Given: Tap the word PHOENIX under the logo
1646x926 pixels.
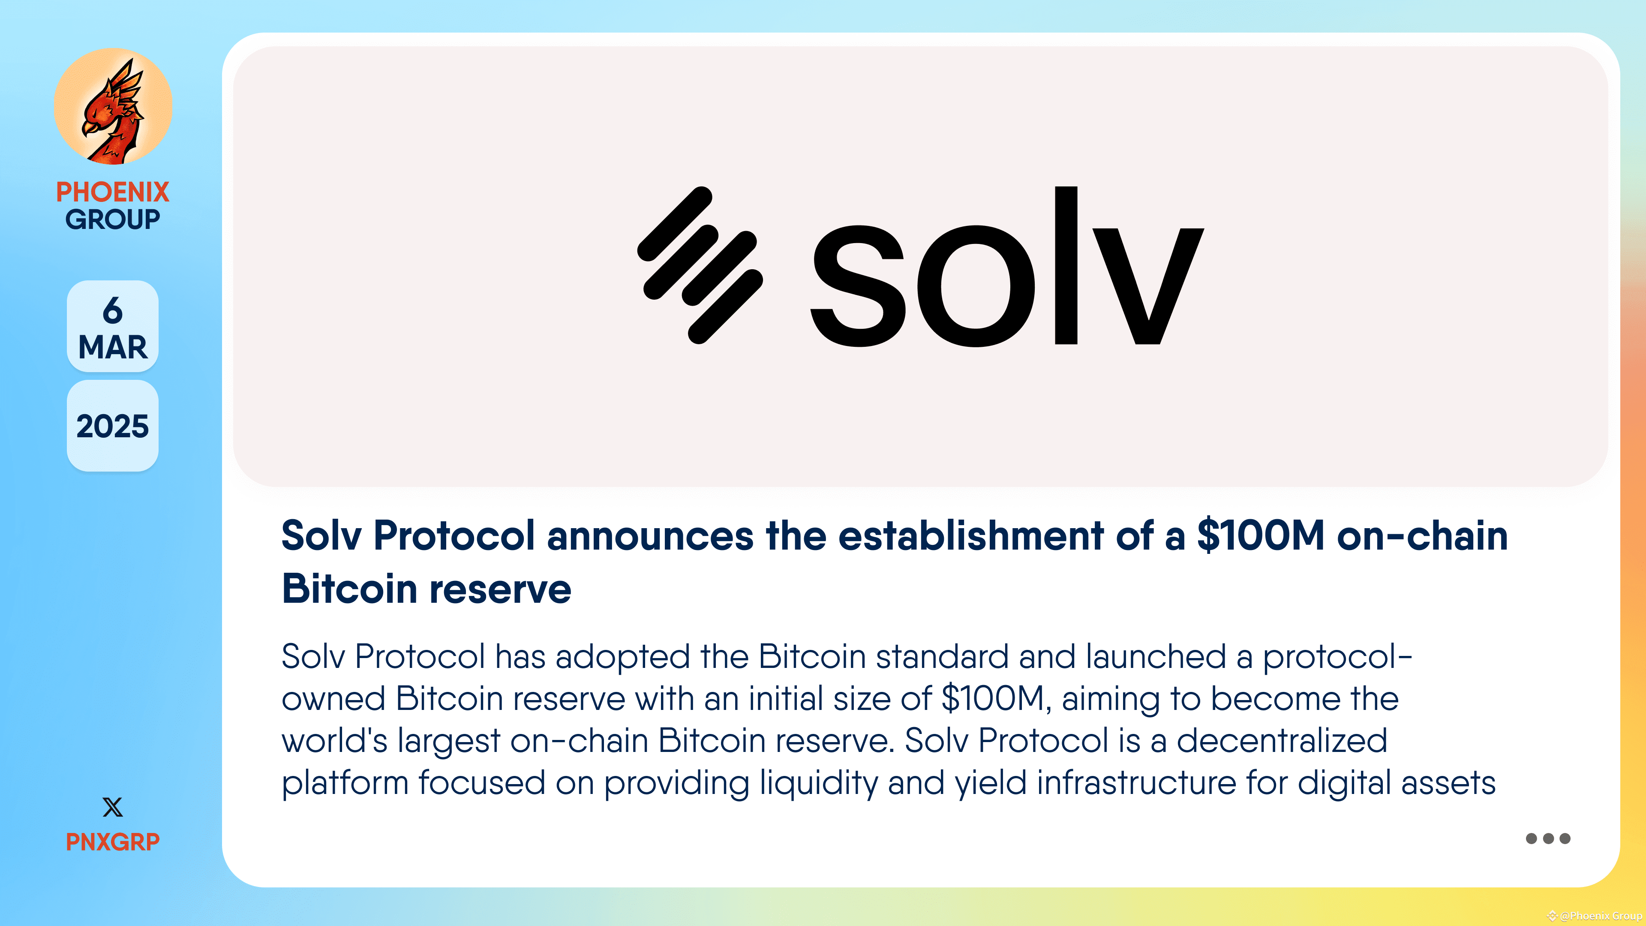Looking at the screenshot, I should point(112,192).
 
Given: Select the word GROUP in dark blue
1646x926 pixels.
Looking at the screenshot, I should point(112,219).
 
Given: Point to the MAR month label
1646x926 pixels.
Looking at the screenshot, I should point(112,347).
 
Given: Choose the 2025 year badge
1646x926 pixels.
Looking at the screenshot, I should point(112,426).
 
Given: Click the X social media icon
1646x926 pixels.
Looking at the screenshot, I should point(112,807).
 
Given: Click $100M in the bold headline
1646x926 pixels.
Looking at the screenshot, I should point(1260,535).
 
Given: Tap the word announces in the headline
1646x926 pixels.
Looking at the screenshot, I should point(650,535).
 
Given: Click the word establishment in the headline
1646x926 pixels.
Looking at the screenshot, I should point(970,535).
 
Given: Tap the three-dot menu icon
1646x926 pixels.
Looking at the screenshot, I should point(1547,839).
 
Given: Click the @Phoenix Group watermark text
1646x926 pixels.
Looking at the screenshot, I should point(1599,916).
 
